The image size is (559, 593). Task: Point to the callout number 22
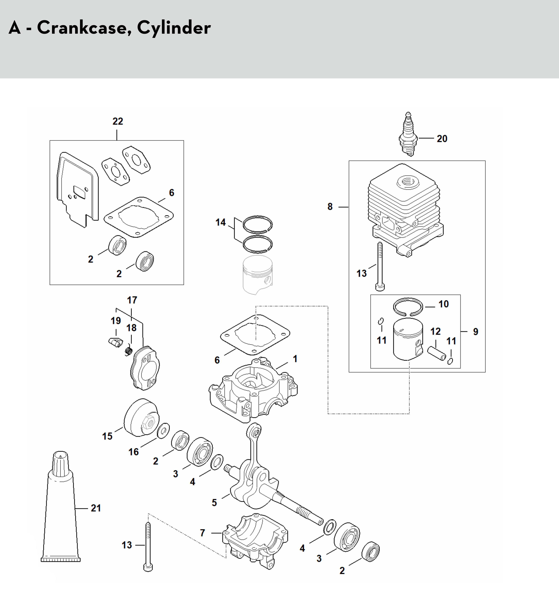pos(118,121)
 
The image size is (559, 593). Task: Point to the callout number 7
pos(203,533)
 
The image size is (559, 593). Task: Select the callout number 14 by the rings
pos(221,222)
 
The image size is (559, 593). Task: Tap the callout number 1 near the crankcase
pos(295,359)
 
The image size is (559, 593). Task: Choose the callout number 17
pos(132,300)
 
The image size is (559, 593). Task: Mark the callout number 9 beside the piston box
pos(476,332)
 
